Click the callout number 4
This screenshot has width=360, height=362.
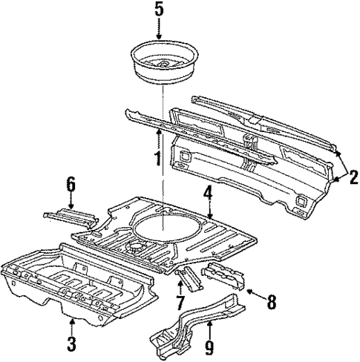click(x=209, y=195)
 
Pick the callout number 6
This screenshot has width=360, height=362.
click(x=71, y=183)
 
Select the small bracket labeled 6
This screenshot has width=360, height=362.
click(x=71, y=217)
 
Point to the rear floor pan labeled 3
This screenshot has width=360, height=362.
click(x=74, y=286)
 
